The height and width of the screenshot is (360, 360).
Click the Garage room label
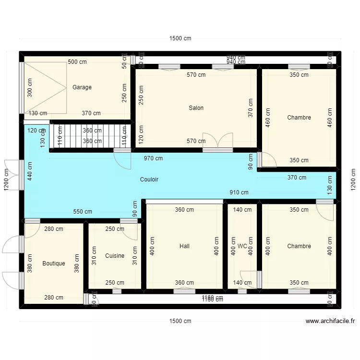[82, 87]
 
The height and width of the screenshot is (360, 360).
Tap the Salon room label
[196, 108]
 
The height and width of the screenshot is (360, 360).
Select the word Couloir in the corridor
[149, 180]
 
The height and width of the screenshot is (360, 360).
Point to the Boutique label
[53, 264]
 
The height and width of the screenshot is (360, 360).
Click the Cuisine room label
[115, 256]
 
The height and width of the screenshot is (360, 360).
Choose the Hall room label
[184, 246]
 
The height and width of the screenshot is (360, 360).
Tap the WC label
[242, 246]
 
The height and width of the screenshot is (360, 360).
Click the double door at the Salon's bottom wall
[212, 141]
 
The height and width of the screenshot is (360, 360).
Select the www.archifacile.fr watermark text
[330, 322]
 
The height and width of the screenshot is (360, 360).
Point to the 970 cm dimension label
[153, 158]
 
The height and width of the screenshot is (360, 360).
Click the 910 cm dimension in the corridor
[239, 192]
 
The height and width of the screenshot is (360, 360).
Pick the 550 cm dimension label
[83, 211]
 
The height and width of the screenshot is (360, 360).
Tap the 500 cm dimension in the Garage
[77, 62]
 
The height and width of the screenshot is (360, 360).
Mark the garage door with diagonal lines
[45, 88]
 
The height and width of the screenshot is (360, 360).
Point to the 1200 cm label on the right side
[353, 180]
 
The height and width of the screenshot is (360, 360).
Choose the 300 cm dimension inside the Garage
[30, 87]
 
